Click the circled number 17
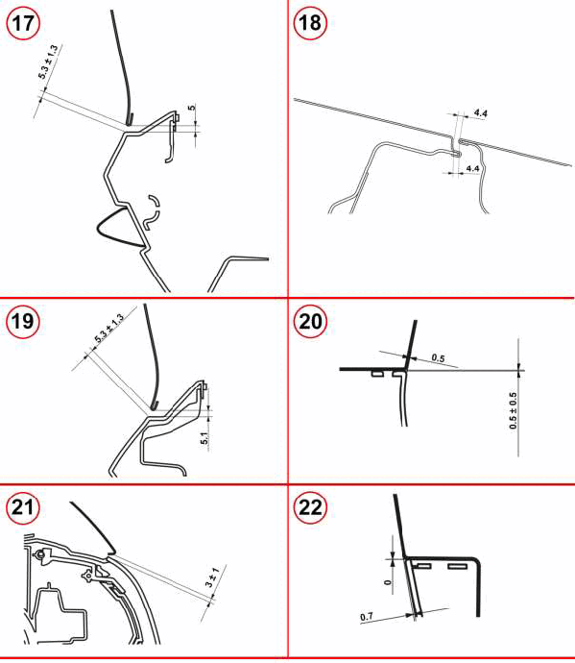pyautogui.click(x=23, y=23)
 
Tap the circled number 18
pyautogui.click(x=310, y=23)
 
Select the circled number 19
pyautogui.click(x=23, y=321)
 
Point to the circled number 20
pyautogui.click(x=310, y=321)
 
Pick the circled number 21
pyautogui.click(x=23, y=507)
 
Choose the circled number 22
pyautogui.click(x=310, y=507)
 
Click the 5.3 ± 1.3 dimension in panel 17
pyautogui.click(x=48, y=61)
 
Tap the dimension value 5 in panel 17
pyautogui.click(x=192, y=108)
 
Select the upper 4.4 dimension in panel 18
pyautogui.click(x=480, y=112)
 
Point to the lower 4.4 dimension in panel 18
pyautogui.click(x=472, y=168)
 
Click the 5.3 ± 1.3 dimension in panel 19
pyautogui.click(x=109, y=328)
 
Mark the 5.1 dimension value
pyautogui.click(x=204, y=438)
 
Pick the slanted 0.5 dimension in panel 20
pyautogui.click(x=438, y=358)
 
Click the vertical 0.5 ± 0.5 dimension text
pyautogui.click(x=513, y=410)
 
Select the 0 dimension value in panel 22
pyautogui.click(x=388, y=582)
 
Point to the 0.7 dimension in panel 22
pyautogui.click(x=367, y=617)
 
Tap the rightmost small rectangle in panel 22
pyautogui.click(x=458, y=566)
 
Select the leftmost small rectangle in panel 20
pyautogui.click(x=377, y=374)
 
